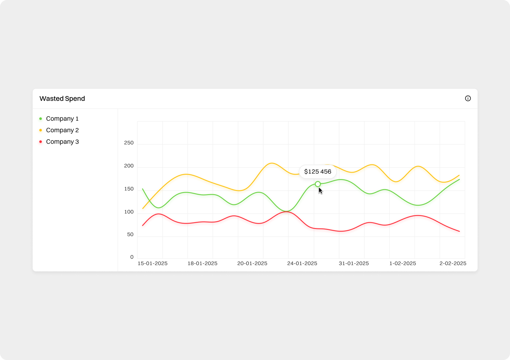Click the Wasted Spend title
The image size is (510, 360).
pos(62,99)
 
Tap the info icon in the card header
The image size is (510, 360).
pos(468,99)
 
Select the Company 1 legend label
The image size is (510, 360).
pos(62,119)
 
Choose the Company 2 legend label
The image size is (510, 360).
pos(62,130)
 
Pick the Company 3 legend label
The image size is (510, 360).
pos(62,142)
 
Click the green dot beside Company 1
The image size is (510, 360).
pos(41,119)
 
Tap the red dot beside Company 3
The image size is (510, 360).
pos(41,142)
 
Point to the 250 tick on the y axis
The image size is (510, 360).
pos(129,143)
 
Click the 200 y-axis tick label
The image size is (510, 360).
pos(129,166)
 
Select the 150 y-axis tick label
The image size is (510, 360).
pos(129,189)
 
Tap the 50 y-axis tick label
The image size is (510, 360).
pos(130,235)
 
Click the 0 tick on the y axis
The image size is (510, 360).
pos(132,257)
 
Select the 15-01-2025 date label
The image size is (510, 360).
pos(153,264)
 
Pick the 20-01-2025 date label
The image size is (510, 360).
pos(252,264)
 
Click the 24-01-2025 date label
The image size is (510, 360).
pos(302,264)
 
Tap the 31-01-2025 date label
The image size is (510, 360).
pos(354,264)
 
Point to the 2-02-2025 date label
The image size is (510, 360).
pos(453,264)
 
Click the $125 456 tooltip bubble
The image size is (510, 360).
pos(318,172)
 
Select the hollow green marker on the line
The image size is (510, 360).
pos(318,184)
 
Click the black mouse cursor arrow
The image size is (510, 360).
pos(320,191)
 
